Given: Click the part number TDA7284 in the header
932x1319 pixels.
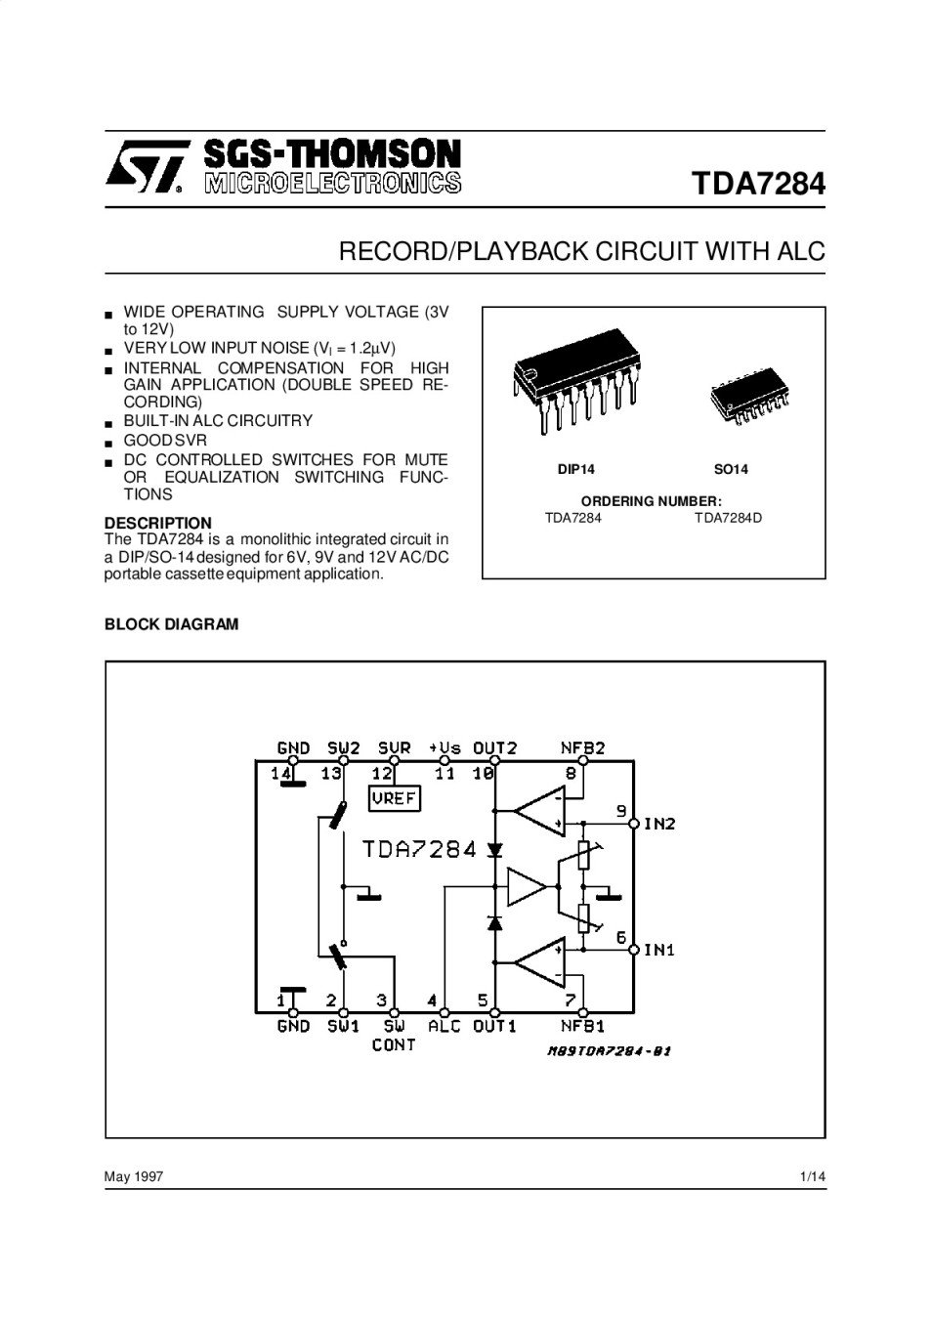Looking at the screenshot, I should coord(758,184).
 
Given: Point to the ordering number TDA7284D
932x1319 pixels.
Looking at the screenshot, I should coord(728,518).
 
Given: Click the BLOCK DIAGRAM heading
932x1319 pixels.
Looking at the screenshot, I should coord(171,624).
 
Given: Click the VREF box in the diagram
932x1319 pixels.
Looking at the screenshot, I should coord(394,798).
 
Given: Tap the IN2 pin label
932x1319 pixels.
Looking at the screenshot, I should coord(659,824).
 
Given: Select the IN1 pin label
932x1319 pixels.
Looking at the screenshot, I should coord(659,950).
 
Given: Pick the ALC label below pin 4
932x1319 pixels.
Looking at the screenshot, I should coord(445,1026).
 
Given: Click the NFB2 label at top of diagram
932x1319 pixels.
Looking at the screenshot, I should coord(582,748).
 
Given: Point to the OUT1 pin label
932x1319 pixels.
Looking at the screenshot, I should coord(494,1026).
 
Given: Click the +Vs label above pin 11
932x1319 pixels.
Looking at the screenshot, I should coord(445,748).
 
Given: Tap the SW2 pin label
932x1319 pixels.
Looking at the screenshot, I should coord(344,748).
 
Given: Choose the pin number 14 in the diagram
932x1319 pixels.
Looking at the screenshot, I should coord(281,773).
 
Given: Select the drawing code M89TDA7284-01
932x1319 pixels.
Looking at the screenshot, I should coord(609,1051).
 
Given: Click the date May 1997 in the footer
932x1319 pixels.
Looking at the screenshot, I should coord(134,1176).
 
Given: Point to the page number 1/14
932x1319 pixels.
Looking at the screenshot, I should coord(812,1176).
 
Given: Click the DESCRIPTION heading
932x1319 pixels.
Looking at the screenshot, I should coord(157,523).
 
